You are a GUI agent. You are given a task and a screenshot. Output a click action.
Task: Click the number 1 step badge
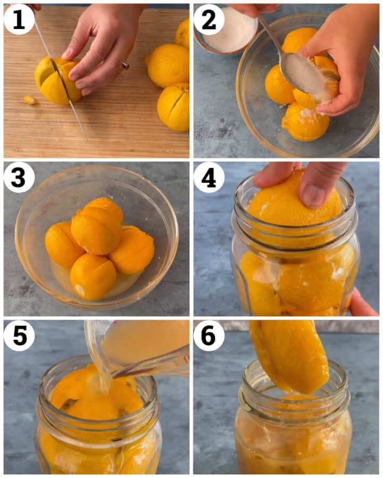point(19,20)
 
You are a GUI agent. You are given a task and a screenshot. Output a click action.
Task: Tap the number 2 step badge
point(209,20)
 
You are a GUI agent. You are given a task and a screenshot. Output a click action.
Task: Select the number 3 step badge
point(19,177)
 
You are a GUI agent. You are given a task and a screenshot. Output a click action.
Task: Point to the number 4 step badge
point(209,177)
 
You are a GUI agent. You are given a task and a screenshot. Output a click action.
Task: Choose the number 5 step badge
point(19,336)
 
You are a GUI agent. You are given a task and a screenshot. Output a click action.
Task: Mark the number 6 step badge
point(209,336)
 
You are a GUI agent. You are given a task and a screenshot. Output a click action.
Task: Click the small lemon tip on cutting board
point(31,100)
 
